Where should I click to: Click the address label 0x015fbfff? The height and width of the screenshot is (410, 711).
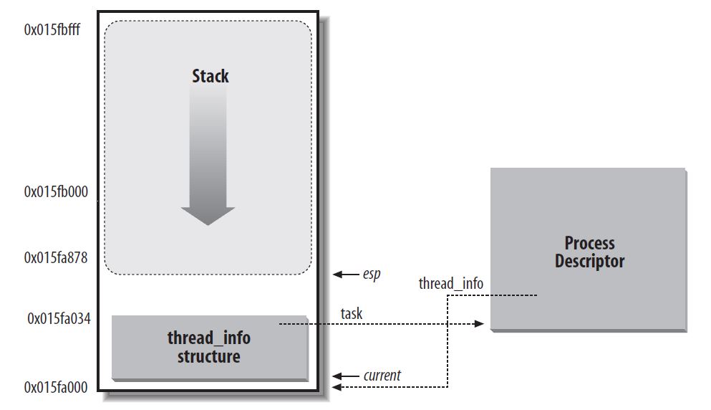coord(57,32)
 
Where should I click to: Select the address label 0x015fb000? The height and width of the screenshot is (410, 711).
coord(56,192)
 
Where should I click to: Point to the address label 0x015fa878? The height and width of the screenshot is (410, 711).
coord(56,257)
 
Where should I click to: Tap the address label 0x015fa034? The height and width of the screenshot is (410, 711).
coord(58,318)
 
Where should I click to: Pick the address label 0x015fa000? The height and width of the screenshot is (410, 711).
coord(56,387)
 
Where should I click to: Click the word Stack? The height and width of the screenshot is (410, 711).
coord(210,76)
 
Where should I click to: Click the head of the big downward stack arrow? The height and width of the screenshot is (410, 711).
coord(208,215)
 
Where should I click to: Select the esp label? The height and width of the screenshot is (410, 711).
coord(371,275)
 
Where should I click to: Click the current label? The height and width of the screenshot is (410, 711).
coord(382,375)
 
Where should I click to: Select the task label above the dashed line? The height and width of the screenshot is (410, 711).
coord(351,313)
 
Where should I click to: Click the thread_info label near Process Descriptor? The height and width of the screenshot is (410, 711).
coord(450,284)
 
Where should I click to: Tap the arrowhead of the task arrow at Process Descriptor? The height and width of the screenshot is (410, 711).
coord(480,325)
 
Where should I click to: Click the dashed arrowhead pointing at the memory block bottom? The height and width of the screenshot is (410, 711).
coord(337,387)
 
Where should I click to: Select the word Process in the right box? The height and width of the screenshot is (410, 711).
coord(589,243)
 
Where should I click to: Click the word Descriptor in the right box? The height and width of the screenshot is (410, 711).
coord(589,261)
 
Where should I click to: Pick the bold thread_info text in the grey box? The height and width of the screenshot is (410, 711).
coord(208,338)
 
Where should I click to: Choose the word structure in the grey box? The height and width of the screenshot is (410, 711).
coord(208,356)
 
